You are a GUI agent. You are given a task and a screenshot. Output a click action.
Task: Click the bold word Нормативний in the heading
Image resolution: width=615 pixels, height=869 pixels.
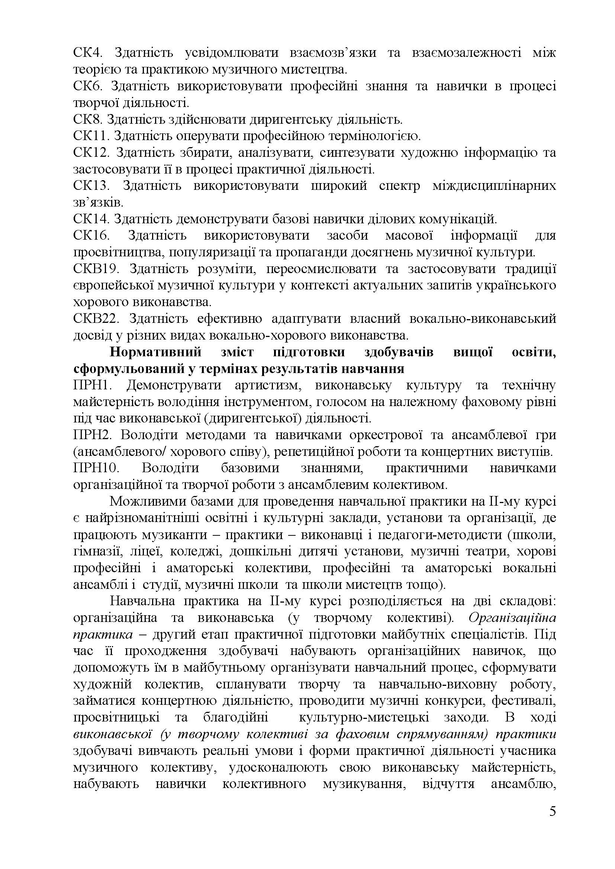pos(156,352)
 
